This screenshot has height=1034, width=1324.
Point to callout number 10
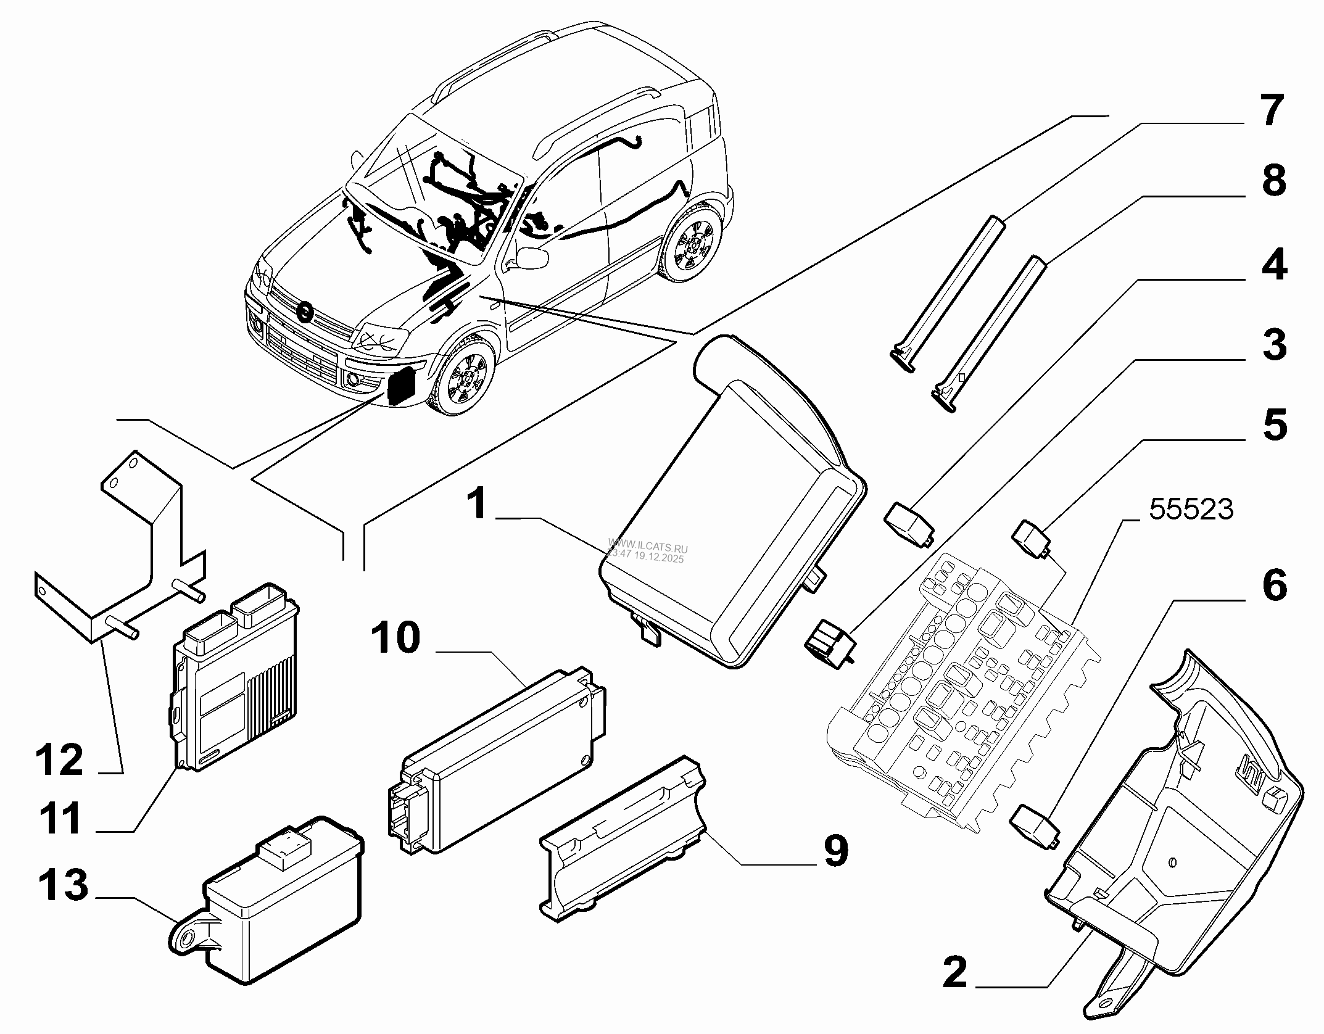click(x=395, y=637)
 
